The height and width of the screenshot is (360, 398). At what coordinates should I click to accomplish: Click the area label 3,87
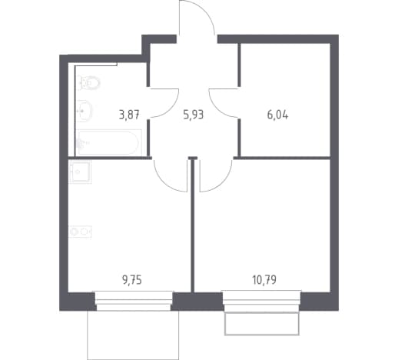click(129, 115)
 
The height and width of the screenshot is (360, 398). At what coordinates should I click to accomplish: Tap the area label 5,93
click(194, 115)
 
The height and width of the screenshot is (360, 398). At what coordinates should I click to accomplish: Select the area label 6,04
click(277, 115)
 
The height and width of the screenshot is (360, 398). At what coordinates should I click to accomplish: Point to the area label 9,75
click(132, 280)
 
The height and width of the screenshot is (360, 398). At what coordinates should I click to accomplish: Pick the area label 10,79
click(264, 279)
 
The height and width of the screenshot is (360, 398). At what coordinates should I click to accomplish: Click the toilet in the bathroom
click(88, 82)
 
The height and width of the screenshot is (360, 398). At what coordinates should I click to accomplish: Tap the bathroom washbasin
click(85, 111)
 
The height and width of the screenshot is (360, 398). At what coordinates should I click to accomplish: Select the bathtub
click(109, 142)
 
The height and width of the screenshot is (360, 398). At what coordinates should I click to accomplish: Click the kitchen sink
click(80, 172)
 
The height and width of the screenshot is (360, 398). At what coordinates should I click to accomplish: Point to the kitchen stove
click(80, 232)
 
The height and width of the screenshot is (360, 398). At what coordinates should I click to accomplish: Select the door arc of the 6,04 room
click(217, 108)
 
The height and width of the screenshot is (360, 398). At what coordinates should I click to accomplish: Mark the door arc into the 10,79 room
click(225, 182)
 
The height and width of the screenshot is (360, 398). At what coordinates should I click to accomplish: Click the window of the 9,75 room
click(133, 301)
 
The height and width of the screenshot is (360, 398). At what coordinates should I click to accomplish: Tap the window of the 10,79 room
click(261, 301)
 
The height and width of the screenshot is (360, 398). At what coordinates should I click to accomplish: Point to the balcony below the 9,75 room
click(133, 335)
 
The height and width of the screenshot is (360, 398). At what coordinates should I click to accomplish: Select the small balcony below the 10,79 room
click(262, 323)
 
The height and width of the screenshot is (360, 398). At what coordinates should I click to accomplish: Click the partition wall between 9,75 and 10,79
click(193, 225)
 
